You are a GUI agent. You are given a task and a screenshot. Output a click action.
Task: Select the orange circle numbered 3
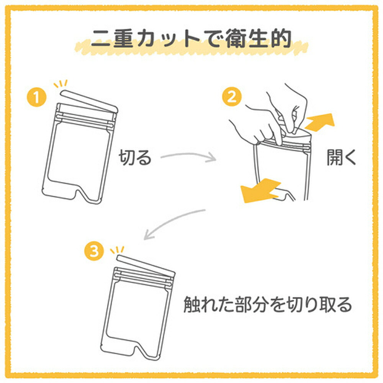point(94,251)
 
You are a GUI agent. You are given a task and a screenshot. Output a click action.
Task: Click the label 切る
point(135,157)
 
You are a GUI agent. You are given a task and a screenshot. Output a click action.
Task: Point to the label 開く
point(342,157)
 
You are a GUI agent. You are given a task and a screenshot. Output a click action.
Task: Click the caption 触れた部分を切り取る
point(268,304)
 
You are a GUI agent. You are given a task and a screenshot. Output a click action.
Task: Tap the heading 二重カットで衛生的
point(191,38)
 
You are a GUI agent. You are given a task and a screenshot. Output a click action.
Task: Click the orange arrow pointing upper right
point(319,122)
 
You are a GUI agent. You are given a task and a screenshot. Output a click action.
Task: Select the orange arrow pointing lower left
point(260,190)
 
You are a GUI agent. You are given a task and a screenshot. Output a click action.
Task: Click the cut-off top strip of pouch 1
point(89,101)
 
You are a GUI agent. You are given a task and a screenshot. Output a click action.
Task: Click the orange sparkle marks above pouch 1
point(61,84)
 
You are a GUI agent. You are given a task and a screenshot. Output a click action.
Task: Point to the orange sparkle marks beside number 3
point(117,250)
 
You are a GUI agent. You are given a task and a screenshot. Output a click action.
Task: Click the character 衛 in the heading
point(236,39)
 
